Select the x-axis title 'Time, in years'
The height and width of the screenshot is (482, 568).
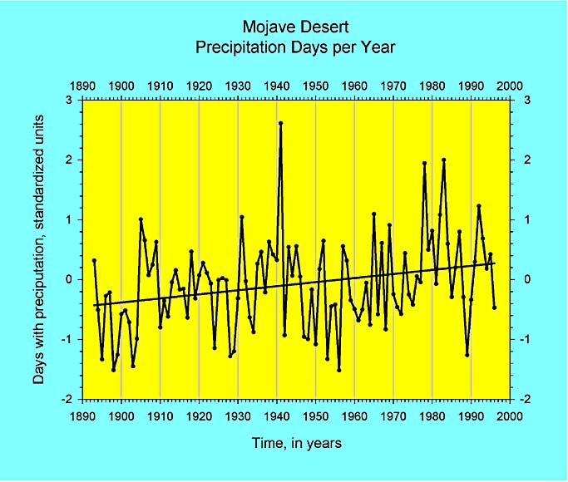[296, 444]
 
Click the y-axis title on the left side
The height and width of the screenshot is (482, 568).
[39, 250]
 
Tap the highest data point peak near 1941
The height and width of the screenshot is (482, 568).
[280, 123]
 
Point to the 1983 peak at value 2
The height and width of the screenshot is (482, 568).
[444, 160]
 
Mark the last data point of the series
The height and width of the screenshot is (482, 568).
[495, 307]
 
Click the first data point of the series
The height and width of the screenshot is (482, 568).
[94, 260]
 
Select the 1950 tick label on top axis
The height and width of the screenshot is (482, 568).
[315, 86]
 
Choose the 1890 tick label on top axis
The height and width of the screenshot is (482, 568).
[82, 86]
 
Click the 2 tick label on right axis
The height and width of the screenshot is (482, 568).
[523, 160]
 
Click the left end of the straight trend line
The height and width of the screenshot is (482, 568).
[94, 305]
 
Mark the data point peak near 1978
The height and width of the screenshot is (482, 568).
[424, 163]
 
